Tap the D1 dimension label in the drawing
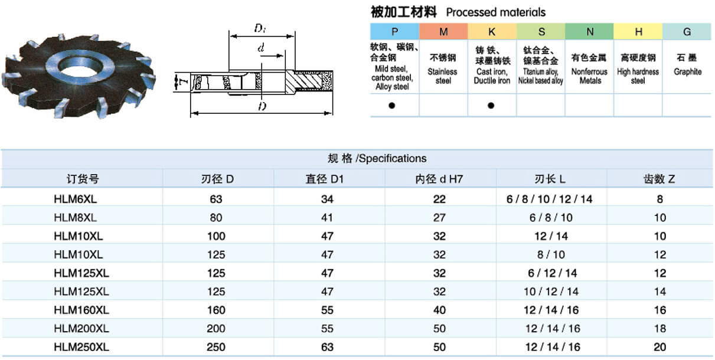[260, 28]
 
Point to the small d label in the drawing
[260, 48]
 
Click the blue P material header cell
[394, 31]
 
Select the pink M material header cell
[443, 31]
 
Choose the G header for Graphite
[687, 31]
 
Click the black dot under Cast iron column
[491, 106]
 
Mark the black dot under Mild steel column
[391, 106]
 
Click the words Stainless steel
[443, 76]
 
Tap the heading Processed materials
[495, 12]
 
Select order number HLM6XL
[76, 199]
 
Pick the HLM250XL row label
[81, 347]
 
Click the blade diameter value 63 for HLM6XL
[216, 199]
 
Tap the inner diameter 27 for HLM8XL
[439, 218]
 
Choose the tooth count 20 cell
[660, 347]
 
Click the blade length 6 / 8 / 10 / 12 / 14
[549, 199]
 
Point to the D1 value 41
[327, 218]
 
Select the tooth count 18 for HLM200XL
[660, 329]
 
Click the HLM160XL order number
[81, 310]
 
